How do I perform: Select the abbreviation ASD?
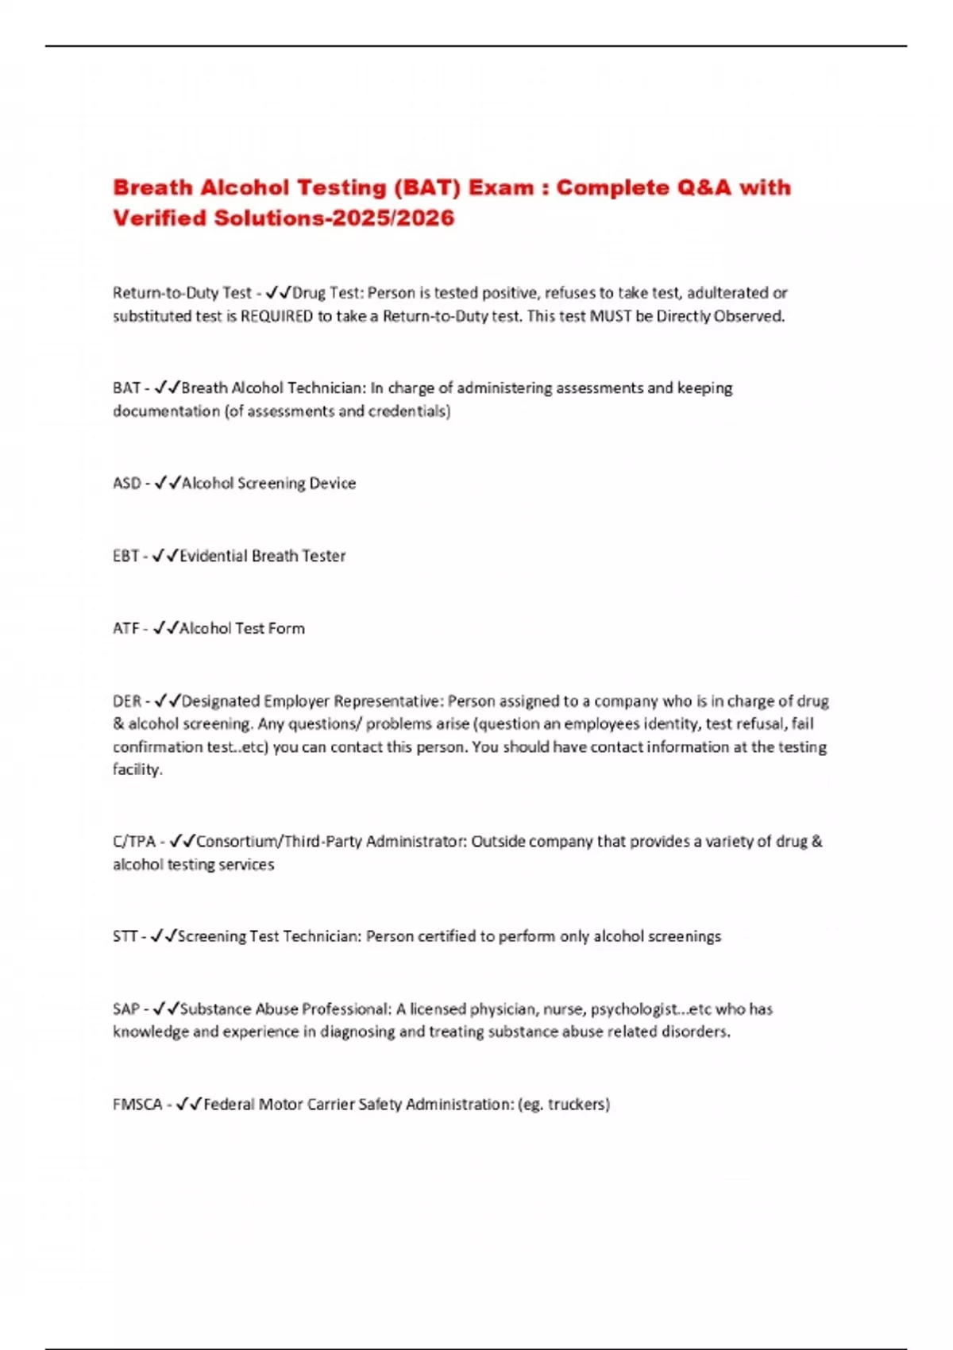coord(127,483)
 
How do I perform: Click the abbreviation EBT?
coord(126,556)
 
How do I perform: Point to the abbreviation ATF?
coord(126,628)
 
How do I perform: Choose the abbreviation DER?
coord(127,701)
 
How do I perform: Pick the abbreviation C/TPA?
coord(134,841)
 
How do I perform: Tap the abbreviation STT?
coord(125,936)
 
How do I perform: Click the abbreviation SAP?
coord(126,1009)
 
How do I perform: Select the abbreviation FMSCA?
coord(137,1104)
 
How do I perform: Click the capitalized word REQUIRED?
coord(276,316)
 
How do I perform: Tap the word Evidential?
coord(213,556)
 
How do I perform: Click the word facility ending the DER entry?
coord(137,769)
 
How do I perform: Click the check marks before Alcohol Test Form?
coord(165,628)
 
